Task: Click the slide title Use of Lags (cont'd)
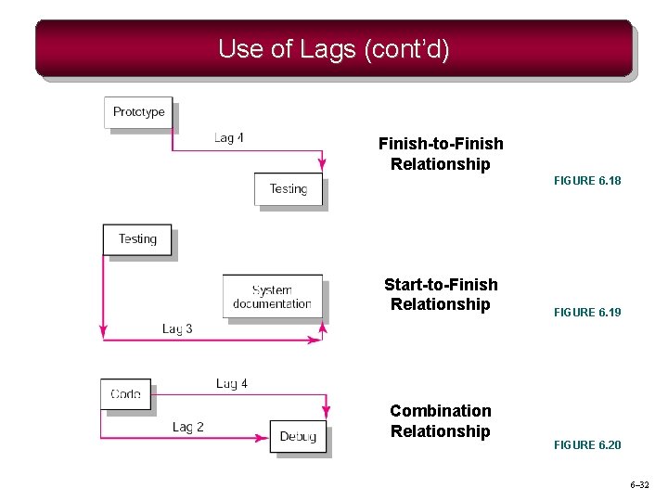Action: point(333,48)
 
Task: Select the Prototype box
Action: point(138,112)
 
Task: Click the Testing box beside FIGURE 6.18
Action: point(288,189)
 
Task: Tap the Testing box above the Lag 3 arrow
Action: point(137,239)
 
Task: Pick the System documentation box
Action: point(272,296)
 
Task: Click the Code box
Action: point(125,394)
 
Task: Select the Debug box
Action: point(298,436)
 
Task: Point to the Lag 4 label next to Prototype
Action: point(229,138)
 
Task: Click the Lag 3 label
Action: point(177,328)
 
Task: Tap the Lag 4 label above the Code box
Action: point(232,383)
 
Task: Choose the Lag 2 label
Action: point(188,427)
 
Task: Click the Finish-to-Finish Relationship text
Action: point(441,154)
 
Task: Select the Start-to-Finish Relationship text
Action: point(441,294)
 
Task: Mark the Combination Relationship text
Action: point(441,420)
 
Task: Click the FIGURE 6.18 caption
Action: point(587,181)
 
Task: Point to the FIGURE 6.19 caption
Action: point(587,313)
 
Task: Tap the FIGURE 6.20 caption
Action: point(587,445)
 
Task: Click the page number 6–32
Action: point(639,485)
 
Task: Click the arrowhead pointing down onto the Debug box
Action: point(325,414)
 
